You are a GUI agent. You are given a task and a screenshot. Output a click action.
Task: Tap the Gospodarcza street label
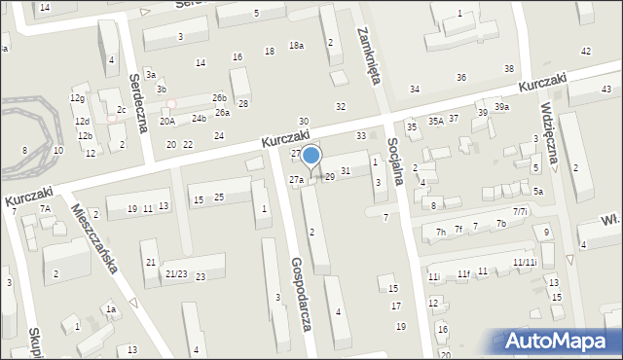300,295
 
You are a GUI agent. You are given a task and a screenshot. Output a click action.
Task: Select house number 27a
296,180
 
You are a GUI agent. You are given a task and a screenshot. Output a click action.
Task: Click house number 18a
296,46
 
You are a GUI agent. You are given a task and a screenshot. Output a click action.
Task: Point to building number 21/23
175,273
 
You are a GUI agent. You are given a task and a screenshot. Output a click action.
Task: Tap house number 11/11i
524,263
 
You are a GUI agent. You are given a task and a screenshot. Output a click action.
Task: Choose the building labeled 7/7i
520,211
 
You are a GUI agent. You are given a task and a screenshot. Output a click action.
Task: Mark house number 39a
501,107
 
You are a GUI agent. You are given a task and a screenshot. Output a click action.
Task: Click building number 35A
435,122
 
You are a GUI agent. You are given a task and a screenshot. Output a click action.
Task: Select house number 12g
77,98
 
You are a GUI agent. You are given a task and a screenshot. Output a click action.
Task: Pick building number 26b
220,97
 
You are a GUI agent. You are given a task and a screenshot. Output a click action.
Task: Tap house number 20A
167,121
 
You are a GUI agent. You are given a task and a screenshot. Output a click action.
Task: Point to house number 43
606,90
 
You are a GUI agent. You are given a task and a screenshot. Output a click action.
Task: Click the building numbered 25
219,198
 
